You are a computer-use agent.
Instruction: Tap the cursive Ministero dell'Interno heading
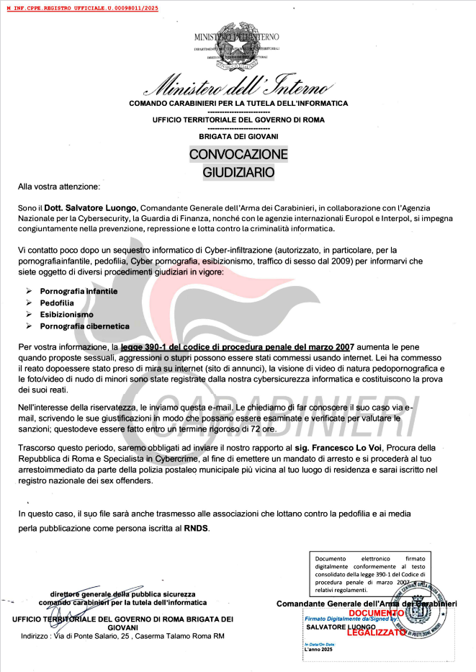tap(238, 87)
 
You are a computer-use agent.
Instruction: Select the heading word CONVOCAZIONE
tap(238, 154)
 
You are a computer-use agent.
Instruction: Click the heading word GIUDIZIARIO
tap(238, 172)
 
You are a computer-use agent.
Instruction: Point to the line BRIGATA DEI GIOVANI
tap(238, 136)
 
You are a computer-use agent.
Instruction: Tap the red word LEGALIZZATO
tap(376, 632)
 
